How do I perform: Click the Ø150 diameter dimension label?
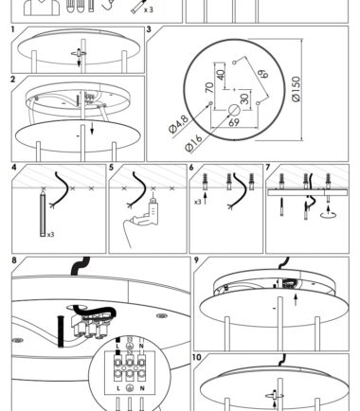click(x=297, y=89)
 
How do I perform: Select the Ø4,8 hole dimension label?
click(x=179, y=124)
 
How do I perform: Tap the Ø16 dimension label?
click(x=193, y=143)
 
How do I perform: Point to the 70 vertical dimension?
click(x=209, y=87)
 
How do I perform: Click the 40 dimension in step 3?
click(x=221, y=75)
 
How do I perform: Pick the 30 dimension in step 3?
click(x=244, y=98)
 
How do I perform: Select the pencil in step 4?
click(x=43, y=213)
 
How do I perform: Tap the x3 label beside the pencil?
click(x=51, y=235)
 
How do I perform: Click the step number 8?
click(x=14, y=260)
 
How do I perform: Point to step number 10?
click(x=196, y=357)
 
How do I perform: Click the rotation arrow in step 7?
click(x=329, y=214)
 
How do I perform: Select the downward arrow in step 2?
click(x=92, y=128)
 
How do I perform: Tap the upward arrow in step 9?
click(x=296, y=300)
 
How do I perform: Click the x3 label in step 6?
click(x=198, y=202)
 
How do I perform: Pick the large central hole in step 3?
click(x=234, y=111)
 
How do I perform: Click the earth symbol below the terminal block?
click(x=130, y=388)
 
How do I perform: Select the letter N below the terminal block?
click(x=142, y=388)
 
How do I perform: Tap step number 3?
click(x=149, y=29)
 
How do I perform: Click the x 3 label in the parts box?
click(x=149, y=9)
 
